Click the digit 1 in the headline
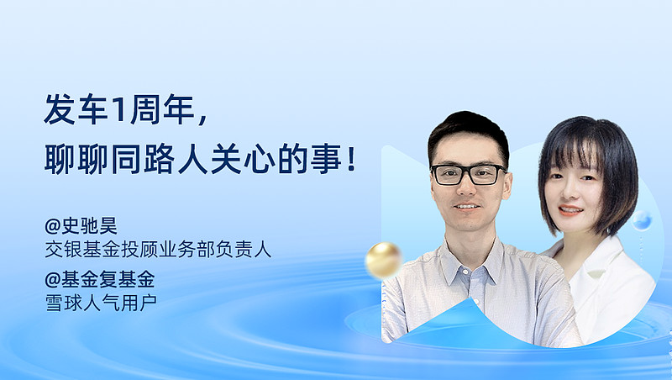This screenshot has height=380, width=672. tap(118, 110)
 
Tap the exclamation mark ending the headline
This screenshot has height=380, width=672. tap(352, 160)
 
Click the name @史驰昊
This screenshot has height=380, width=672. tap(81, 225)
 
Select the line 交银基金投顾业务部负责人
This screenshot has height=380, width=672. tap(158, 250)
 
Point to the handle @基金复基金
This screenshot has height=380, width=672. tap(99, 280)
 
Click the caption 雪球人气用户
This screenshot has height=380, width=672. tap(101, 303)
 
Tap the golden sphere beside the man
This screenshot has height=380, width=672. tap(384, 260)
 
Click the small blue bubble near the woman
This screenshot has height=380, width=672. tap(642, 220)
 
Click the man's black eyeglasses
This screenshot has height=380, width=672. tap(469, 175)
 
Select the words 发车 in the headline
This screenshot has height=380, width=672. tap(76, 110)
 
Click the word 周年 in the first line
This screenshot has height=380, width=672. tap(162, 110)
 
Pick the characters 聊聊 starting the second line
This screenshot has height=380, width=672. tap(76, 160)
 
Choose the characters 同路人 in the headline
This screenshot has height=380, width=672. tap(159, 160)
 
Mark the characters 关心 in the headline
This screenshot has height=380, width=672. tap(243, 160)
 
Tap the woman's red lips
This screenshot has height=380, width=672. tap(570, 211)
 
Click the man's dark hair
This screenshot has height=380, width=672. tap(468, 131)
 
